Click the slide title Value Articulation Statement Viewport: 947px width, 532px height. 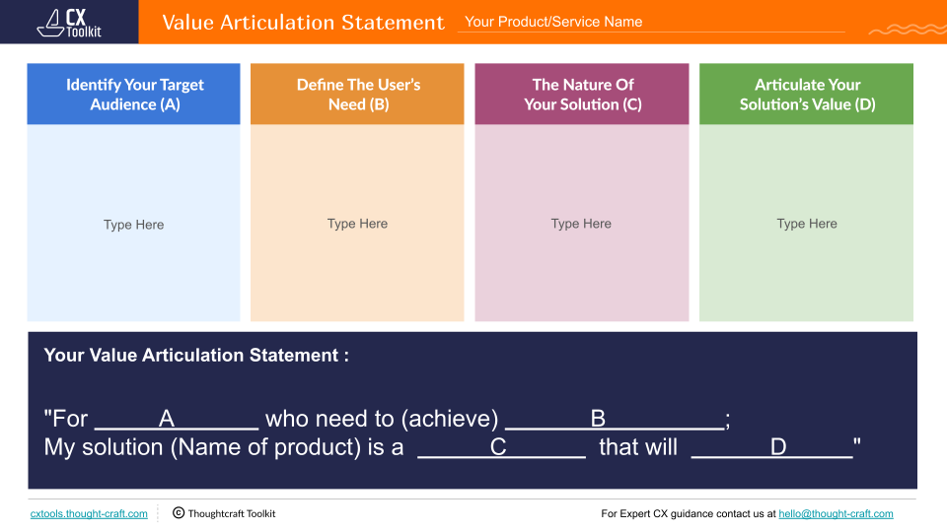click(303, 22)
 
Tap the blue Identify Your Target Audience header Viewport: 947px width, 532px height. click(134, 95)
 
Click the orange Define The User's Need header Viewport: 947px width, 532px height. click(357, 95)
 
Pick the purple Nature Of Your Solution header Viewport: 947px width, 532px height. click(582, 95)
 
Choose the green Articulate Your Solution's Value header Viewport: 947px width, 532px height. click(807, 95)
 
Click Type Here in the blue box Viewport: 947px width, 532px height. click(133, 225)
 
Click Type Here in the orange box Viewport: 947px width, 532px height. click(357, 224)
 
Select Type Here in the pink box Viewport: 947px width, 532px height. click(581, 224)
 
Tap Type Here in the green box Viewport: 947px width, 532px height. click(807, 224)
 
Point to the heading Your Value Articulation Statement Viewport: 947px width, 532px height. click(196, 356)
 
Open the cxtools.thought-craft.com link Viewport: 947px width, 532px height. click(89, 514)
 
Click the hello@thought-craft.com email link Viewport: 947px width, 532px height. click(836, 514)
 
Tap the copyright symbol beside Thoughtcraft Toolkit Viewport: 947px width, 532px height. click(179, 513)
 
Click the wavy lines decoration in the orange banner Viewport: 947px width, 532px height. click(906, 30)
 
